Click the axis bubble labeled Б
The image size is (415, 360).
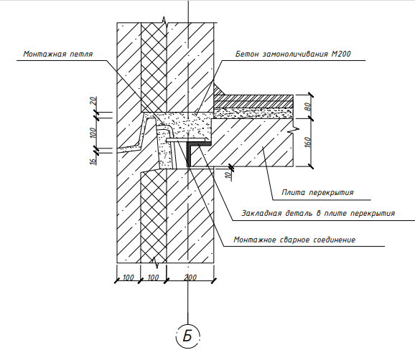point(187,336)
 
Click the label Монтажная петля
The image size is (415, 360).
point(58,55)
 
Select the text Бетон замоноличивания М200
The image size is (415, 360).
point(293,54)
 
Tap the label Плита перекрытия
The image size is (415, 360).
point(317,192)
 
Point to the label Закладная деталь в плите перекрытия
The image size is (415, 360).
point(318,213)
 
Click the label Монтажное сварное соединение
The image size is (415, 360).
point(294,240)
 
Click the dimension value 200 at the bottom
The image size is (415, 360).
point(190,278)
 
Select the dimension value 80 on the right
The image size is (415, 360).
point(308,107)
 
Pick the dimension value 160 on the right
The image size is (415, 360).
point(308,142)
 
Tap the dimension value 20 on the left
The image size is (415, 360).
point(93,100)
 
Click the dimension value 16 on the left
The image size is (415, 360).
point(93,161)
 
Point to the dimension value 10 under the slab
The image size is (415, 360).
point(229,175)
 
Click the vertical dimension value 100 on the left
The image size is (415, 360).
point(93,133)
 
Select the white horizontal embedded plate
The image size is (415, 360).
point(185,140)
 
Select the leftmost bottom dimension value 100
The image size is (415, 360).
point(129,278)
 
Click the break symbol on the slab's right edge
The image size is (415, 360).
point(294,130)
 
